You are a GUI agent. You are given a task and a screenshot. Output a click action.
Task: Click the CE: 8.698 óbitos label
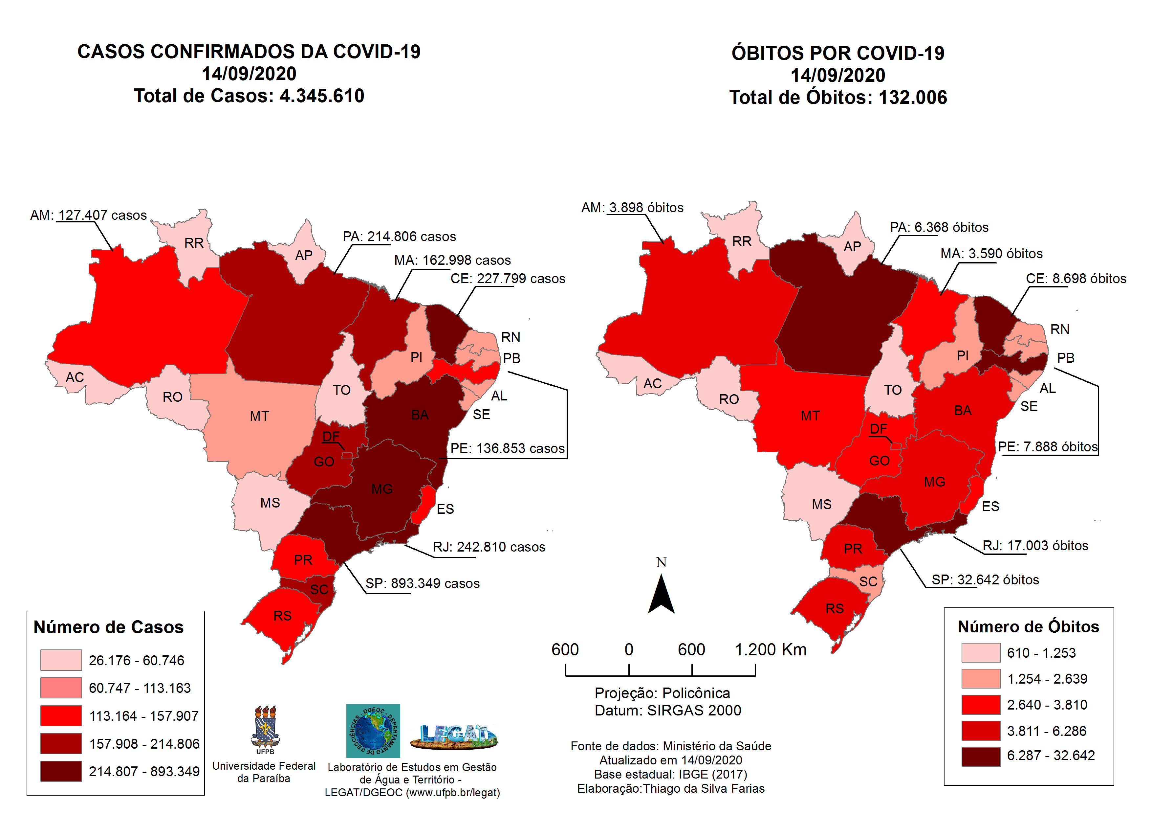(x=1076, y=278)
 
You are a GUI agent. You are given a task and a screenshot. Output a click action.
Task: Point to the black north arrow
(x=661, y=595)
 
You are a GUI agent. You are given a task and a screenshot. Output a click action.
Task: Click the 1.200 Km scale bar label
(x=770, y=649)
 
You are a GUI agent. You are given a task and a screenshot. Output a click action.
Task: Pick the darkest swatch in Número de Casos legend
(x=61, y=771)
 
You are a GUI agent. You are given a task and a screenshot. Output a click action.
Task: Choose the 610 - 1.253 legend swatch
(x=980, y=653)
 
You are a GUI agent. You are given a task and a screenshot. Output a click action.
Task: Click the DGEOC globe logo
(x=373, y=730)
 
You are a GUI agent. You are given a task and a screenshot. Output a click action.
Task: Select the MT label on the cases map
(x=259, y=416)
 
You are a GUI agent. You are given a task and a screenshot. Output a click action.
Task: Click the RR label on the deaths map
(x=742, y=241)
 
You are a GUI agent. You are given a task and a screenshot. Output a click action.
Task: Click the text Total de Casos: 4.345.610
(x=249, y=95)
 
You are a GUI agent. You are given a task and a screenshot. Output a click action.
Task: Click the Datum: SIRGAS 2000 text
(x=667, y=710)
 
